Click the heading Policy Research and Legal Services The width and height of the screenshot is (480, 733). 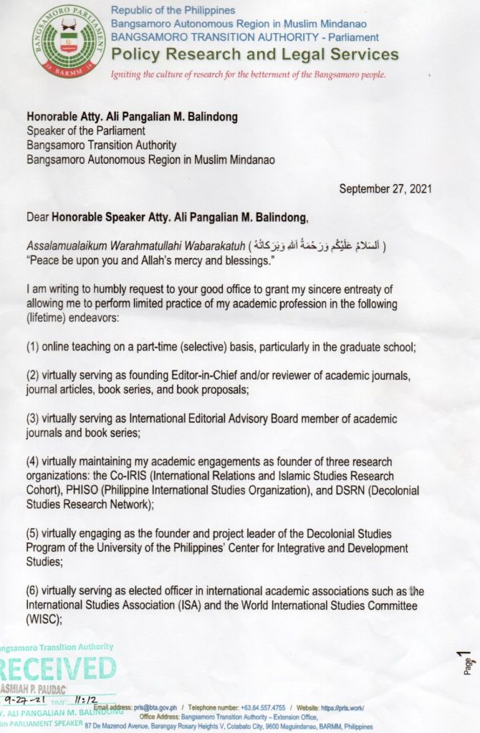255,54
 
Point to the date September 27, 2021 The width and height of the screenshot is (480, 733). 385,189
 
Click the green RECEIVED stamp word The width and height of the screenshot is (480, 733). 57,669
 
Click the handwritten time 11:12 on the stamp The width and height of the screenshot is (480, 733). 86,699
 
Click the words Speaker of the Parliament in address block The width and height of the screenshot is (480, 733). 85,130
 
